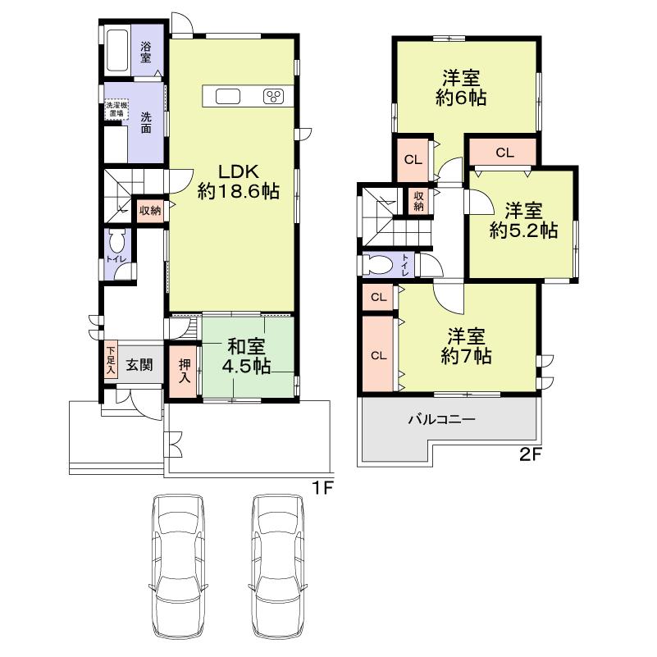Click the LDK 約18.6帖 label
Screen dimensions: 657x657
(238, 181)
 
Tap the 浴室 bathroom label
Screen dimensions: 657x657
(146, 52)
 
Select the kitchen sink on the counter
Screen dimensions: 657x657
(228, 97)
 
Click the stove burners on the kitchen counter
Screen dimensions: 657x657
(273, 97)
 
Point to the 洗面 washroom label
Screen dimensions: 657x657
(145, 122)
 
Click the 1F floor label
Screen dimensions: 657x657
(322, 488)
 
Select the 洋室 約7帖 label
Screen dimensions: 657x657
(464, 346)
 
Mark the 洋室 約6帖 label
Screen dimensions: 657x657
(461, 88)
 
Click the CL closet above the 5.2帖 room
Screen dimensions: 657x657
(504, 153)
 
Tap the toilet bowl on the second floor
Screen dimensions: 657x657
(379, 266)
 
